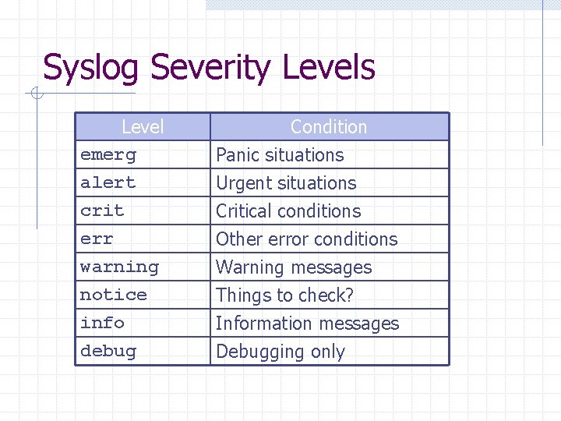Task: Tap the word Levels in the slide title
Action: pyautogui.click(x=328, y=68)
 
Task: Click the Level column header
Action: pyautogui.click(x=143, y=126)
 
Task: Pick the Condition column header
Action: pyautogui.click(x=328, y=126)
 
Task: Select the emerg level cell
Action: pyautogui.click(x=108, y=154)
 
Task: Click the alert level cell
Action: pyautogui.click(x=108, y=182)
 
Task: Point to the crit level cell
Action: pyautogui.click(x=102, y=210)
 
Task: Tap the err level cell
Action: pyautogui.click(x=97, y=239)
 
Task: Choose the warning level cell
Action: pyautogui.click(x=119, y=267)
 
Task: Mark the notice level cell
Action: pyautogui.click(x=114, y=295)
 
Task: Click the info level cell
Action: pyautogui.click(x=102, y=323)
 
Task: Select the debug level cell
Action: pyautogui.click(x=108, y=351)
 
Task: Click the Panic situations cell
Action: pyautogui.click(x=280, y=154)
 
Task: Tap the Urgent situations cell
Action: pyautogui.click(x=286, y=182)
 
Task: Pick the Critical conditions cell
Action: pyautogui.click(x=288, y=210)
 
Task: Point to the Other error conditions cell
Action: pyautogui.click(x=306, y=239)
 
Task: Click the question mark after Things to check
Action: pyautogui.click(x=349, y=295)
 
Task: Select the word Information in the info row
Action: pyautogui.click(x=263, y=323)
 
